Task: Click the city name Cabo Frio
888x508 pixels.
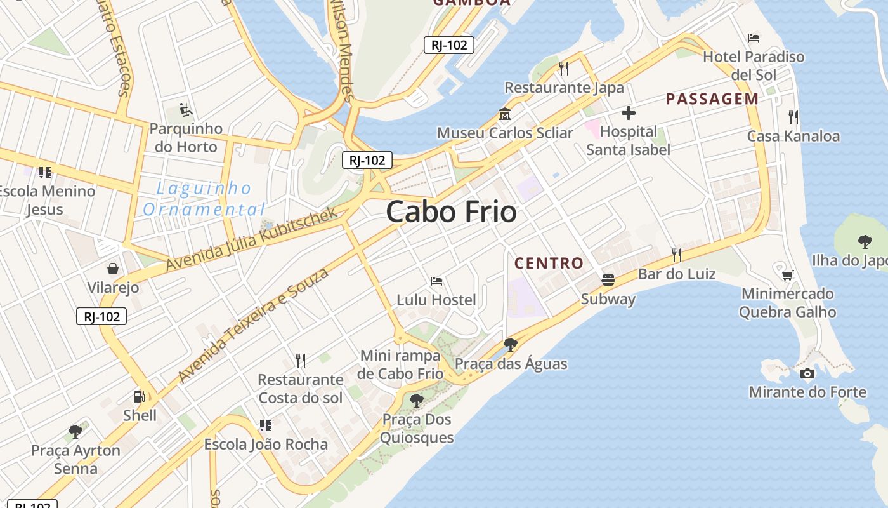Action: [x=451, y=212]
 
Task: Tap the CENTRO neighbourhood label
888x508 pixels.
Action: [x=549, y=263]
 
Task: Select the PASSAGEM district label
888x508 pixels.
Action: [x=712, y=98]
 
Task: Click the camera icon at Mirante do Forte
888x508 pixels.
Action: [x=807, y=373]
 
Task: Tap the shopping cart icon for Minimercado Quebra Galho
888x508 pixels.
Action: [x=787, y=275]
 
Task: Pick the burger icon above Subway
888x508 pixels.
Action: [x=608, y=279]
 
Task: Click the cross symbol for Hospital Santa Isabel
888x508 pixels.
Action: [x=628, y=113]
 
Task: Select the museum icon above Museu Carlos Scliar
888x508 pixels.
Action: [x=505, y=114]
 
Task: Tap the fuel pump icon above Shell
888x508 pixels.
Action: [x=139, y=397]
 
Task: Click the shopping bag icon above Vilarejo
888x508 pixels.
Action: [x=113, y=269]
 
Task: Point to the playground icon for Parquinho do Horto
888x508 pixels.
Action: [x=185, y=110]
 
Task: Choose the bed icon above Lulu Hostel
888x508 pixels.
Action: [x=436, y=281]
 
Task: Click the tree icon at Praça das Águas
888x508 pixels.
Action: [x=510, y=345]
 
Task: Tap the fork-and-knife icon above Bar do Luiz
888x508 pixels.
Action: [x=677, y=255]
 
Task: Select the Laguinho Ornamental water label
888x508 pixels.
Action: [x=203, y=199]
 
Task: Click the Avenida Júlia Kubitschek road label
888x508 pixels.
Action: [x=252, y=239]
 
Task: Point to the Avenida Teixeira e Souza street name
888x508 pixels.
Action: [x=254, y=325]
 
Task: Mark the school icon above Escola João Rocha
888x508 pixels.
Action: [x=265, y=425]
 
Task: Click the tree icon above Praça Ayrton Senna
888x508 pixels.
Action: [x=75, y=432]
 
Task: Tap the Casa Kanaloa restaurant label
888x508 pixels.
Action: [x=793, y=136]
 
